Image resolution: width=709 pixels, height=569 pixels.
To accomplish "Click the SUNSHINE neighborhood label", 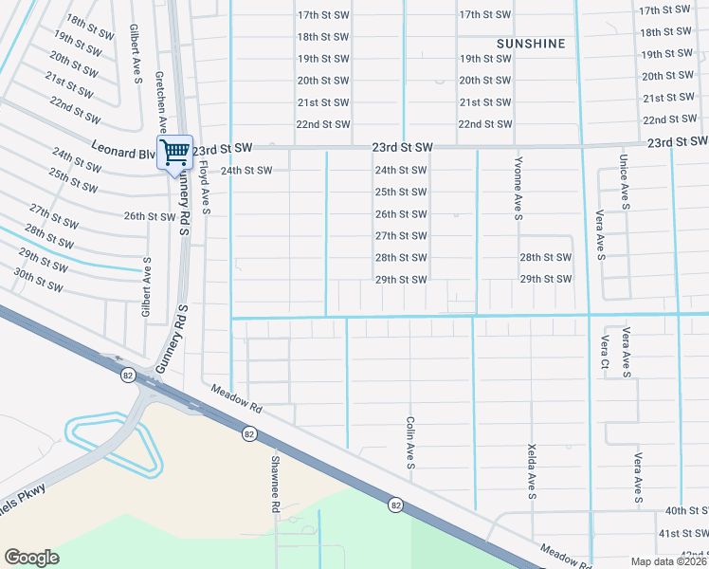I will click(x=531, y=44).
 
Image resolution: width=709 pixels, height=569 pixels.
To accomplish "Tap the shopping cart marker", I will click(x=174, y=151).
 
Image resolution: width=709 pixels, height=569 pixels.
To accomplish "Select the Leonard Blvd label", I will click(x=123, y=149).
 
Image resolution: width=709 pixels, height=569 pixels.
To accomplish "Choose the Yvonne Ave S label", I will click(x=518, y=189).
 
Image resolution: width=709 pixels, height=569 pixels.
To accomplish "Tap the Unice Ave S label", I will click(x=624, y=181).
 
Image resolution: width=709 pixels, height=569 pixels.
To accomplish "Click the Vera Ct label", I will click(x=604, y=352).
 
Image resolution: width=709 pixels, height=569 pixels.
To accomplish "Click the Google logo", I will click(x=31, y=558).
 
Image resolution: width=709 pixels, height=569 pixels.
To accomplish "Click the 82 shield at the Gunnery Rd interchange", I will click(x=128, y=376).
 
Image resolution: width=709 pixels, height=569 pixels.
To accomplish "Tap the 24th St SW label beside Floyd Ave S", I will click(x=246, y=171).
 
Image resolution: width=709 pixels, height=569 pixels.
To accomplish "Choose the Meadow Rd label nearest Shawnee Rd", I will click(x=235, y=396).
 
